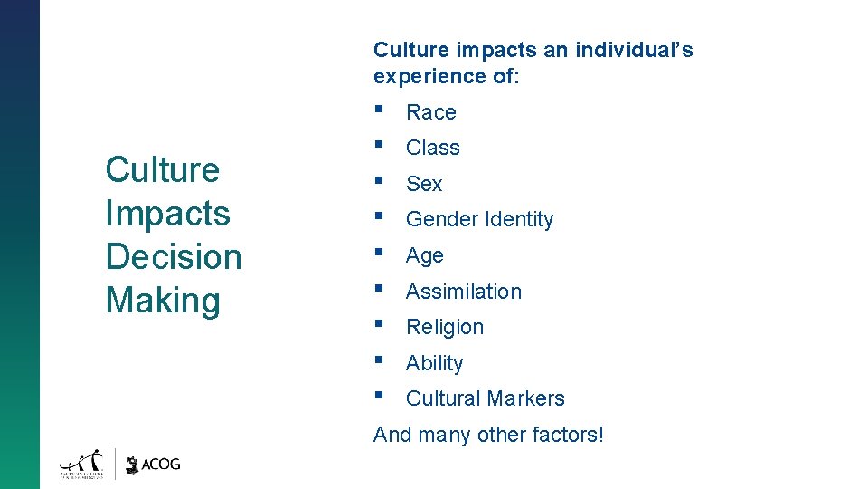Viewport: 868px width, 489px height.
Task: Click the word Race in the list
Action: pos(431,112)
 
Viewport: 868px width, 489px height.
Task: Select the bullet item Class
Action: pos(433,148)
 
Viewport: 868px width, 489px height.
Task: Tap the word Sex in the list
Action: pos(424,184)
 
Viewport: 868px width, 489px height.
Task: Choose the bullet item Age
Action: pos(425,255)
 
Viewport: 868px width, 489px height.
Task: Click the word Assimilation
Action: pos(464,292)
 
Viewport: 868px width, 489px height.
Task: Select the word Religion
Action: pos(445,327)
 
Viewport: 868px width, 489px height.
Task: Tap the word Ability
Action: pos(435,363)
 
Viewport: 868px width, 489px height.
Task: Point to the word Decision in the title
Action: pos(174,256)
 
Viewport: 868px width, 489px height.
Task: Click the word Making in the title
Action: pos(163,300)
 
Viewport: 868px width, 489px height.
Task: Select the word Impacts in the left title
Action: pos(167,213)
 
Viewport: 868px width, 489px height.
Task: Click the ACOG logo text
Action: pos(162,464)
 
